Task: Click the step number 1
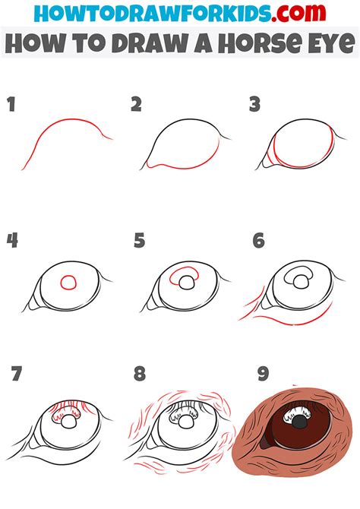(11, 104)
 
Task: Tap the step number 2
(137, 104)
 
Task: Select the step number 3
(255, 104)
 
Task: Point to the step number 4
(12, 240)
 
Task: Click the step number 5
(139, 240)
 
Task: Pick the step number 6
(259, 240)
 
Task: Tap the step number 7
(16, 373)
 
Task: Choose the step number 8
(140, 373)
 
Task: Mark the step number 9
(264, 373)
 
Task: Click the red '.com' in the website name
(298, 13)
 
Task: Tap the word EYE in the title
(331, 43)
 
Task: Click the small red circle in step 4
(68, 282)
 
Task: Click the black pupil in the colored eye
(299, 422)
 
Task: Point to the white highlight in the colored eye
(295, 415)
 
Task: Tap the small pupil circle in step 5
(187, 283)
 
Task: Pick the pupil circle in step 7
(69, 422)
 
